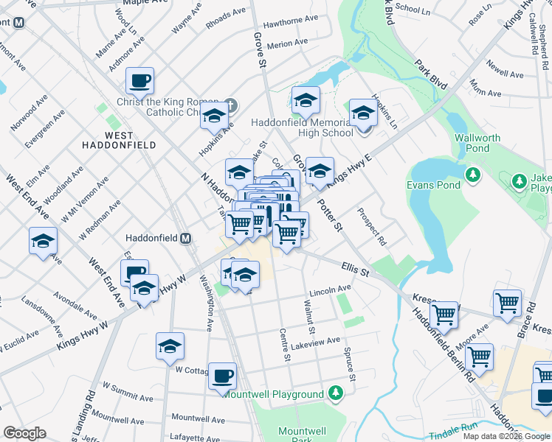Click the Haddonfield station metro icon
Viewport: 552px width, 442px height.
(186, 239)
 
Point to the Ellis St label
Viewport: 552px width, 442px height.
(355, 269)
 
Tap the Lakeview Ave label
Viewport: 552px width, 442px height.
(315, 341)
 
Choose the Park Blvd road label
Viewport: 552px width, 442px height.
(431, 75)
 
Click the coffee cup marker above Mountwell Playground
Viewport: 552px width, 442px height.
(222, 376)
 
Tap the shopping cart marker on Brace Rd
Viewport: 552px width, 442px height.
(508, 303)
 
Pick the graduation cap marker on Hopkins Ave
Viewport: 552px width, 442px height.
(214, 116)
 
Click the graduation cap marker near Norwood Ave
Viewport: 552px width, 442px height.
(44, 241)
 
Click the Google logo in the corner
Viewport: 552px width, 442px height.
(24, 433)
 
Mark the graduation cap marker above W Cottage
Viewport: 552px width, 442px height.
(170, 346)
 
